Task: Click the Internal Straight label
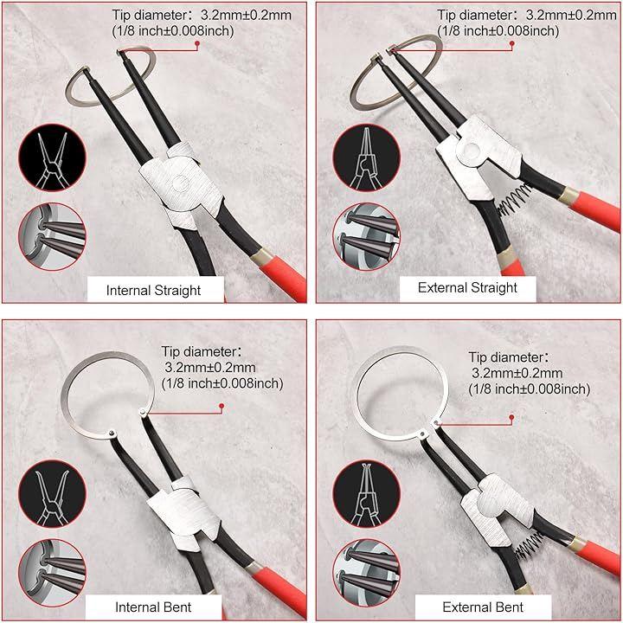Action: [x=153, y=291]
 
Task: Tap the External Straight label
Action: [x=467, y=287]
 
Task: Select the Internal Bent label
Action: [x=153, y=607]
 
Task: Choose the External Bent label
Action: [x=483, y=607]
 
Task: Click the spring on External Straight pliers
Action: [x=515, y=199]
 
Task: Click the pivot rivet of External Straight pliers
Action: [x=472, y=151]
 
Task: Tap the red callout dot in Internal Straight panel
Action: [x=197, y=43]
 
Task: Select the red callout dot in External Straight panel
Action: [x=512, y=43]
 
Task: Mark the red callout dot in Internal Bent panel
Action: [x=222, y=406]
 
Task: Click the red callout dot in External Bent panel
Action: [x=511, y=418]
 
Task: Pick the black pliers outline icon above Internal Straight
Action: [x=52, y=157]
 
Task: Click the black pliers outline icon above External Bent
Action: [x=366, y=494]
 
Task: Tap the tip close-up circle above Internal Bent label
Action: [x=52, y=573]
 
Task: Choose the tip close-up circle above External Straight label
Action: [x=366, y=237]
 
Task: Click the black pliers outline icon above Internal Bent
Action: [x=52, y=494]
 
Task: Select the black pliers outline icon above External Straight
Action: [x=366, y=157]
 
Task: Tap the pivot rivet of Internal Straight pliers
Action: [x=181, y=183]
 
